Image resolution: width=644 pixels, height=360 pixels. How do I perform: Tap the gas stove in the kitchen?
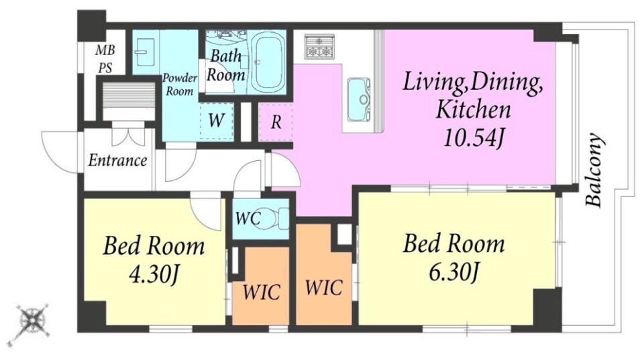point(319,46)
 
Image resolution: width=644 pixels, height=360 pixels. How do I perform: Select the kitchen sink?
point(358,99)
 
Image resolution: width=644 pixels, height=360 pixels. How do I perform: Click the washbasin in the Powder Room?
point(146,52)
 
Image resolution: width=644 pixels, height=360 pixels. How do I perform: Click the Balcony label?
point(595,170)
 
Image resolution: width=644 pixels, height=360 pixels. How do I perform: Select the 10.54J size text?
point(474,138)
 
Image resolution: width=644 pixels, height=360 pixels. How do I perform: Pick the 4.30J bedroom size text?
point(154,275)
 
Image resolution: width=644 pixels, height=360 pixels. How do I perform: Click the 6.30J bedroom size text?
point(453,272)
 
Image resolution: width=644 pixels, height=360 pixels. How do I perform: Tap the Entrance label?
point(117,160)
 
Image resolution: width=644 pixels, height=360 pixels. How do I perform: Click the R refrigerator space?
point(276,122)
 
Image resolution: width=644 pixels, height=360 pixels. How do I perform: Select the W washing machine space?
point(216,120)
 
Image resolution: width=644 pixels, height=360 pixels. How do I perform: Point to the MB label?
point(105,50)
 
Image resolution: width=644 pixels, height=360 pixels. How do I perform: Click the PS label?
point(105,68)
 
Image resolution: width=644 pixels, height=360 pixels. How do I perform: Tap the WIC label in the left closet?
point(261,292)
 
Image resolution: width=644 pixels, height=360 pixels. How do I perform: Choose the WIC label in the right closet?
point(323,288)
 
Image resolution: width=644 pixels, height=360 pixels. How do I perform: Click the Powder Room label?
point(180,84)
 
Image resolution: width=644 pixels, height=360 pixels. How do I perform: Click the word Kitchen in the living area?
point(474,109)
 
